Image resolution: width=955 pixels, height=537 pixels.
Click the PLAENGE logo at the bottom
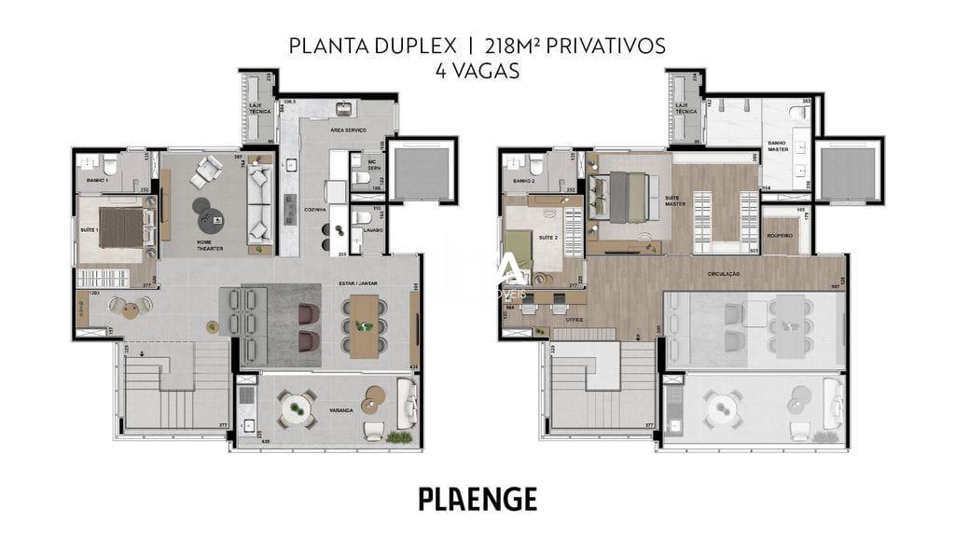point(477,499)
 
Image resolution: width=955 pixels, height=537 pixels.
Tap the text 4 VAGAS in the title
point(477,71)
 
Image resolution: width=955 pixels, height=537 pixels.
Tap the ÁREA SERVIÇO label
point(347,129)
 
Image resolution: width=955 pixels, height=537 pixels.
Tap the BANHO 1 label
point(97,180)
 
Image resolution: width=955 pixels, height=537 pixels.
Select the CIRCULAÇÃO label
point(723,273)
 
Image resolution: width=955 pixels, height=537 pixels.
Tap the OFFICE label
point(574,320)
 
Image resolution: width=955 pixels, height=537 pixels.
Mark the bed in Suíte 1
point(122,227)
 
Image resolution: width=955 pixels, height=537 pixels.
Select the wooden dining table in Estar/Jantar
point(363,326)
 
